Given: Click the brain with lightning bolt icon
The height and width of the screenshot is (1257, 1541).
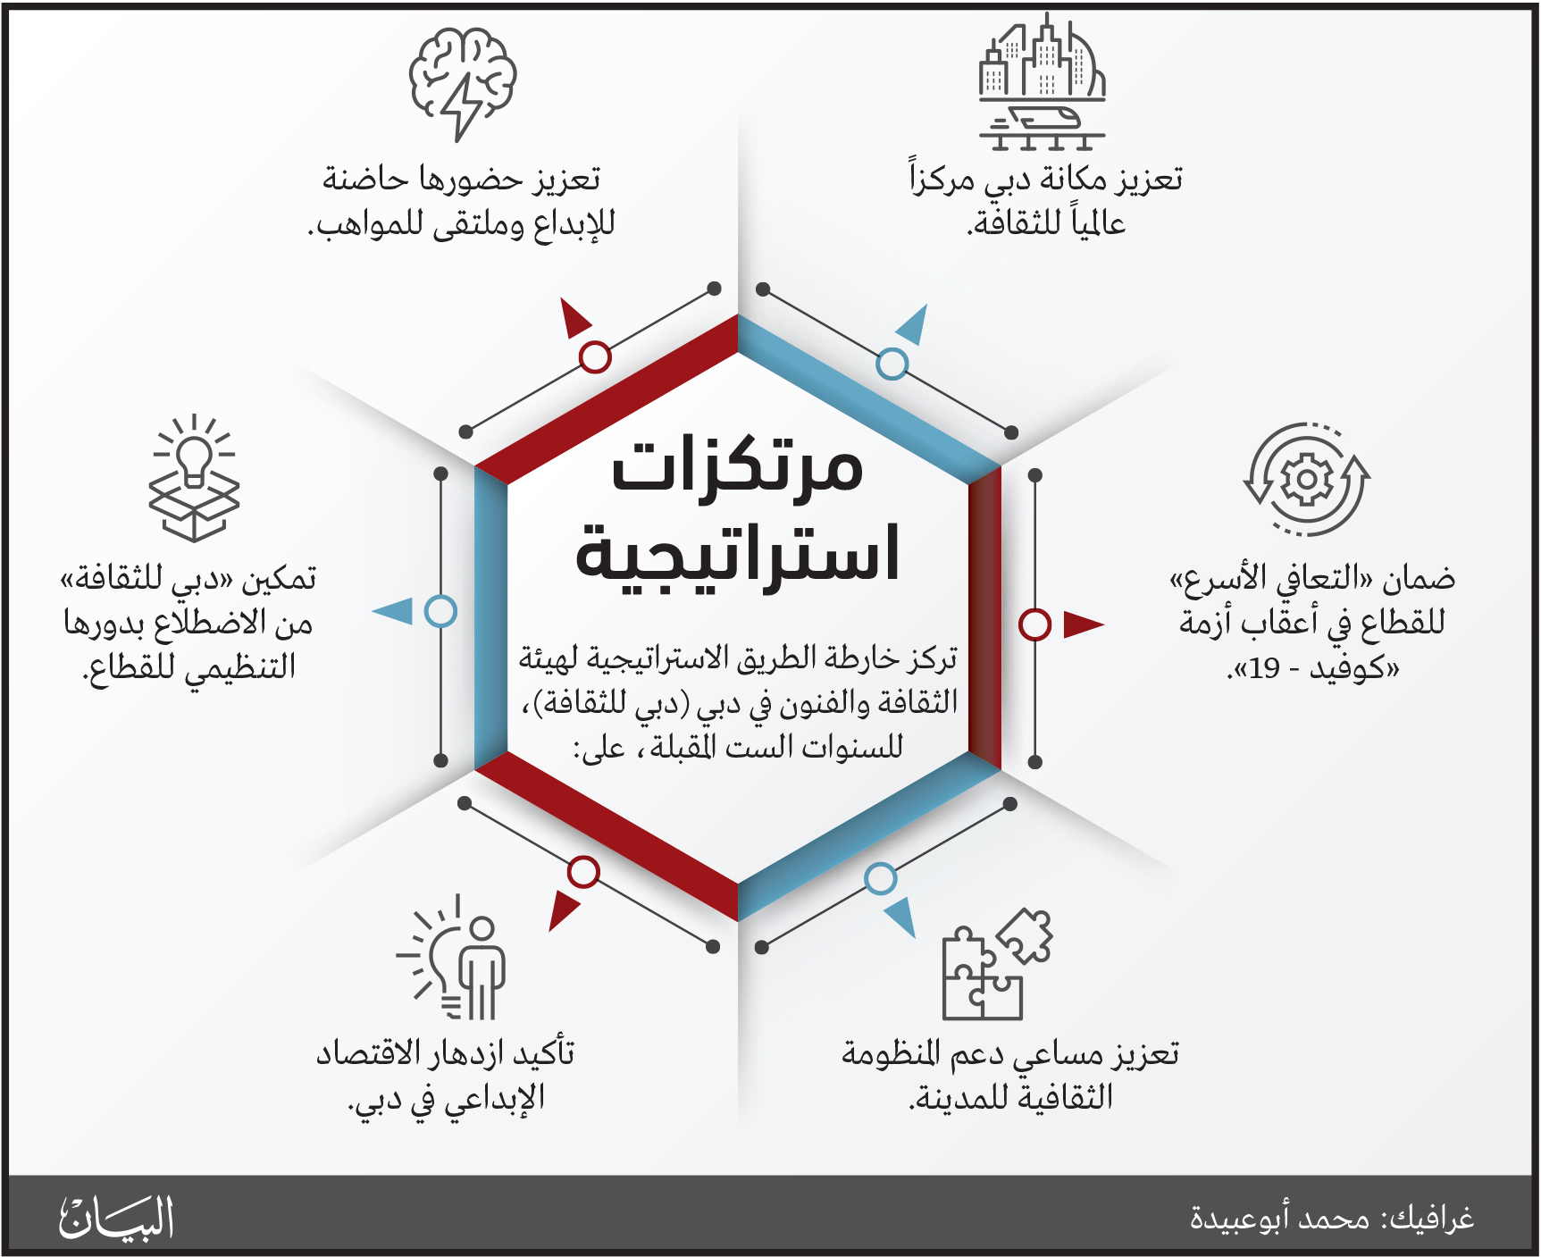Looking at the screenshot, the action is (x=463, y=83).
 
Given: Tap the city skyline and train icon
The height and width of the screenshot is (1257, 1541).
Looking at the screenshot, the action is (x=1042, y=82).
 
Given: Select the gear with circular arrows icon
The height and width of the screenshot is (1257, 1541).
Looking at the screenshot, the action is (x=1307, y=480).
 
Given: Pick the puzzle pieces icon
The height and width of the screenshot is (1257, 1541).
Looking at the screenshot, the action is (x=997, y=964).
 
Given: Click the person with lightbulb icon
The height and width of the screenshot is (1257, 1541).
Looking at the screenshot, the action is (x=452, y=957).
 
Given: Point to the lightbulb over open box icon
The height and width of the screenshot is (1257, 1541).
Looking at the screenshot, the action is (x=194, y=478).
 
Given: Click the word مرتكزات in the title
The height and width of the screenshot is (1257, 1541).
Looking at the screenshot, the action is (x=738, y=465).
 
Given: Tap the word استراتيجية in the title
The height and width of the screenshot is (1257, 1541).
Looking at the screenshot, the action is (x=738, y=555).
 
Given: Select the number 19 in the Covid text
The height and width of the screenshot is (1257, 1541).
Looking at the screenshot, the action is (x=1265, y=668).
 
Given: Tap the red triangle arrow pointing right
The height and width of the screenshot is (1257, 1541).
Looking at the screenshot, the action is (x=1083, y=624).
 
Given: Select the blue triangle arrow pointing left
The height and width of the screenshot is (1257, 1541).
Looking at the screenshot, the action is (x=392, y=612).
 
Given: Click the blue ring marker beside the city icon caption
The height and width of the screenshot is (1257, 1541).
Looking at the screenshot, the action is (x=892, y=364).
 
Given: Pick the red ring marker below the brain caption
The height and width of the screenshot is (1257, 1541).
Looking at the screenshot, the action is (x=595, y=356).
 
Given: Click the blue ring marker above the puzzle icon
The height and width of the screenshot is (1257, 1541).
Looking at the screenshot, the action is (x=880, y=879).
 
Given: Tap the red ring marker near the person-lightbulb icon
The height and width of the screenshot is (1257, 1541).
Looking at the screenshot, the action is (x=583, y=872).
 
